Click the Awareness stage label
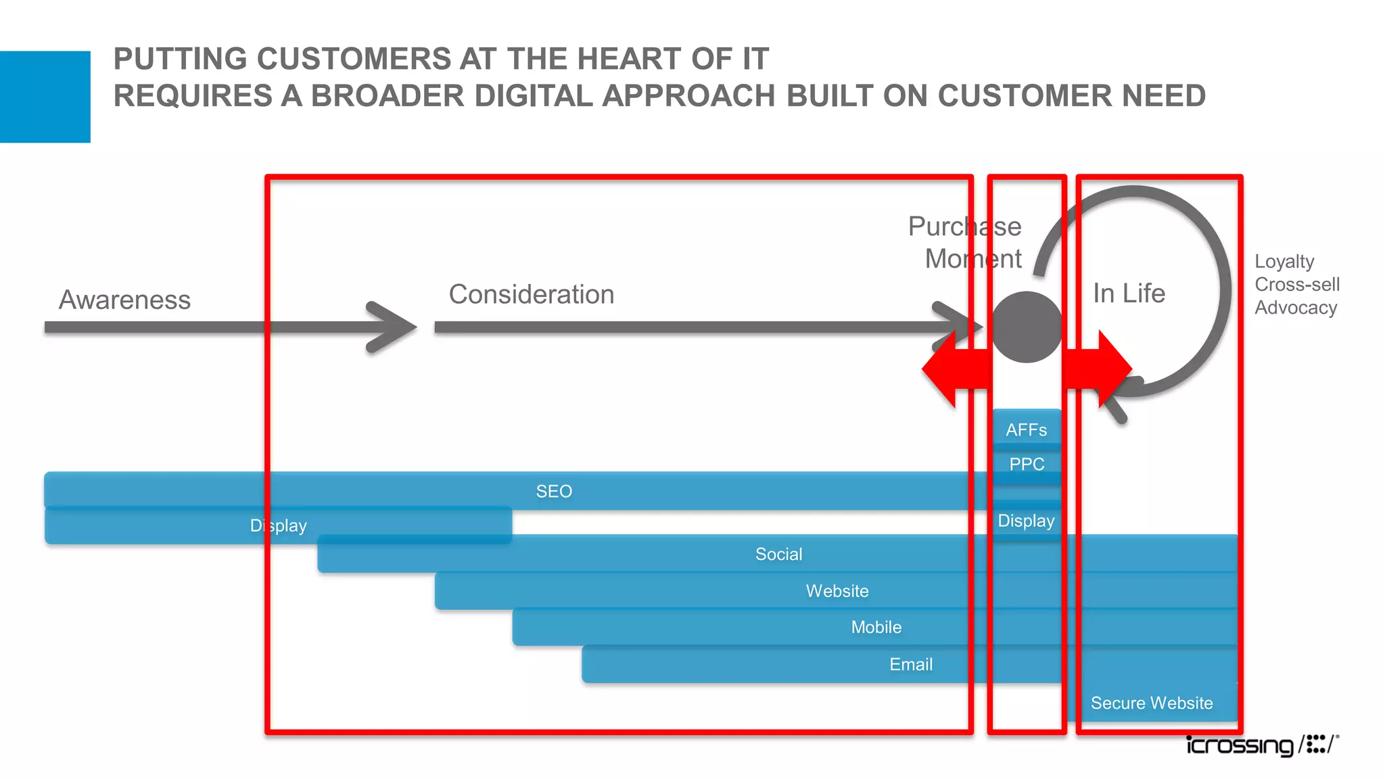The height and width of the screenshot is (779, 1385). tap(124, 300)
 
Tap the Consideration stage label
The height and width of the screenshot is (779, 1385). tap(532, 294)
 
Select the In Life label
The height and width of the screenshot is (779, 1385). tap(1129, 293)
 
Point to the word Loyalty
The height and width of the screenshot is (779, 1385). tap(1284, 261)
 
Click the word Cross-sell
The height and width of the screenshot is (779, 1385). tap(1296, 284)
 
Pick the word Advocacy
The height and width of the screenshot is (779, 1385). tap(1296, 308)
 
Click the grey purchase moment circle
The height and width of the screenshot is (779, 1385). tap(1027, 327)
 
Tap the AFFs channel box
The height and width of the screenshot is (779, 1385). tap(1026, 429)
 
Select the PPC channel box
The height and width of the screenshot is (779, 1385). tap(1027, 464)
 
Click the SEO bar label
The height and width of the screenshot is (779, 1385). tap(554, 491)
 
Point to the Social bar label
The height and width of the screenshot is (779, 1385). tap(778, 554)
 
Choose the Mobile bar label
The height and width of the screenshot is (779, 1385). tap(876, 627)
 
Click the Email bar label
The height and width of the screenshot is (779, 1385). tap(910, 664)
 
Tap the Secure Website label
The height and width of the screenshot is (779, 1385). tap(1151, 703)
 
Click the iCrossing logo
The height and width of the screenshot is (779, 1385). tap(1262, 745)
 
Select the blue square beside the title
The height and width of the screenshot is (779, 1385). tap(45, 97)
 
